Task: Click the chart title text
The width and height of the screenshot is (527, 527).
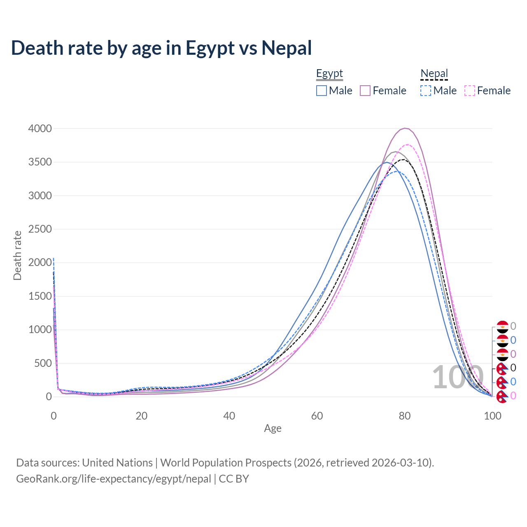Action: click(161, 48)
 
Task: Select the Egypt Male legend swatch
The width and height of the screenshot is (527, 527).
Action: click(322, 91)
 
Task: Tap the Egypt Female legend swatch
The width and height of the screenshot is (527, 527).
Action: click(365, 91)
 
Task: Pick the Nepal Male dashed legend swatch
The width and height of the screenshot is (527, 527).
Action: click(426, 91)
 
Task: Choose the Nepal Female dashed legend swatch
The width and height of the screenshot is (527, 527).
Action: click(470, 91)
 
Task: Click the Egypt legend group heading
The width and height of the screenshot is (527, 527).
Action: click(329, 74)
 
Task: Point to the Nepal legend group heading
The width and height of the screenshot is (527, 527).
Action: click(434, 74)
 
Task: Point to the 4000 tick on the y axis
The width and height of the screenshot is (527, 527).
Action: click(40, 129)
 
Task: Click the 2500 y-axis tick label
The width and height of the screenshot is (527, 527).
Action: click(40, 229)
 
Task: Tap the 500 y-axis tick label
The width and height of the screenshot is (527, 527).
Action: click(43, 364)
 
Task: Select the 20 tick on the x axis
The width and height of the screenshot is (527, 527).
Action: click(141, 416)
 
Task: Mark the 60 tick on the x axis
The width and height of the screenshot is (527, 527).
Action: click(317, 416)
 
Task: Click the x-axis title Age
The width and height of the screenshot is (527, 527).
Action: click(273, 429)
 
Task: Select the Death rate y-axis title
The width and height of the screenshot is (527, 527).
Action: click(17, 255)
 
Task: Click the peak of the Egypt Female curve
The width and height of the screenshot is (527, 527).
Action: click(405, 128)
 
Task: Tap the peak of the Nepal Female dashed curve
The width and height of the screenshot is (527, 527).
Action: click(408, 145)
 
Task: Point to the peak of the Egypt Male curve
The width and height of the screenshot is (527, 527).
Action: click(386, 162)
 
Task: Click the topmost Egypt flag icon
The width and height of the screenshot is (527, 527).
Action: click(503, 327)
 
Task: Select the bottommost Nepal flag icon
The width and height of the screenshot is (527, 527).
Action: click(502, 396)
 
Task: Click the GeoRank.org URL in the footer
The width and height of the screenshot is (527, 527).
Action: click(114, 479)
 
